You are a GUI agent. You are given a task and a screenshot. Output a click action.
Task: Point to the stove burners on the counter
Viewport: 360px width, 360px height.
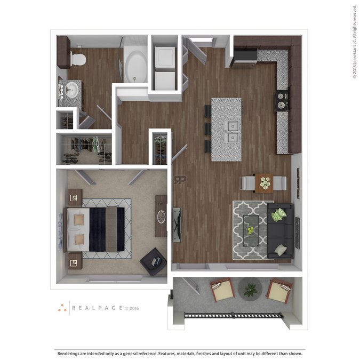pyautogui.click(x=281, y=101)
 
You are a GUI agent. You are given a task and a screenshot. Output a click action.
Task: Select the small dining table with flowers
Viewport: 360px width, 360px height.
pyautogui.click(x=264, y=183)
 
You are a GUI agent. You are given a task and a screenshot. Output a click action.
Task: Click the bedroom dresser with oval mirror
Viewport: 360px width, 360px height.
pyautogui.click(x=161, y=216)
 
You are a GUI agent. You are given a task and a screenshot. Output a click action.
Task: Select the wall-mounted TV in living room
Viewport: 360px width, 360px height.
pyautogui.click(x=176, y=224)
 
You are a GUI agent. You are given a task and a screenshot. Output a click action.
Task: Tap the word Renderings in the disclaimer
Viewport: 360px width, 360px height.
pyautogui.click(x=70, y=353)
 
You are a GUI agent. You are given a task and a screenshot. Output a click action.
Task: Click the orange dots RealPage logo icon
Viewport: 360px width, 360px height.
pyautogui.click(x=63, y=308)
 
